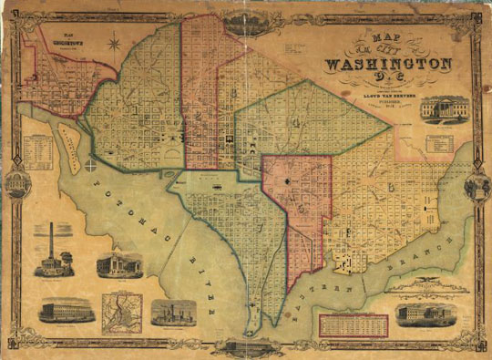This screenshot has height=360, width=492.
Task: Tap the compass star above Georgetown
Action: pos(115,43)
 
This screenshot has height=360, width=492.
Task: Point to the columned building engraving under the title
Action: pos(443,109)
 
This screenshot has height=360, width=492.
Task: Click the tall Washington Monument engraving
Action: pos(51,250)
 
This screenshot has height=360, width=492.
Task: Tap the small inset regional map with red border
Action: pos(121,312)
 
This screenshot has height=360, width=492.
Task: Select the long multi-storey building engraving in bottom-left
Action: pos(66,311)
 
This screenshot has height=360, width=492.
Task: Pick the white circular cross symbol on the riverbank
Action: pos(92,165)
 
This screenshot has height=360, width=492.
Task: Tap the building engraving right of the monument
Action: pos(119,265)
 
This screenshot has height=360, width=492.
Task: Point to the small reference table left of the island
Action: pos(39,147)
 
